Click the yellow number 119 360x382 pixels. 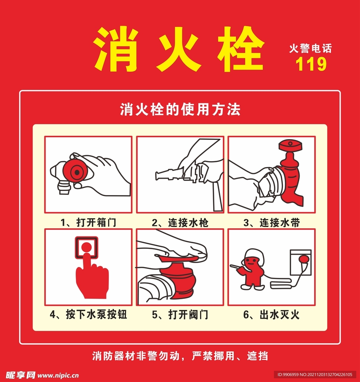coord(311,64)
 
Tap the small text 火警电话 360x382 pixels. coord(310,48)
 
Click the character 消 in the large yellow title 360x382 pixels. coord(114,50)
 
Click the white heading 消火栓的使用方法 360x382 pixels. coord(180,110)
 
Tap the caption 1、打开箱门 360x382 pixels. coord(88,223)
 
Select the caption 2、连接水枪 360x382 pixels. coord(180,223)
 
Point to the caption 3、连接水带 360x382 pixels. coord(272,223)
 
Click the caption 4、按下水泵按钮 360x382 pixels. coord(88,314)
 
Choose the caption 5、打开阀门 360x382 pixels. coord(180,314)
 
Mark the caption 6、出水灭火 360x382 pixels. coord(272,314)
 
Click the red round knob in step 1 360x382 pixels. coord(76,172)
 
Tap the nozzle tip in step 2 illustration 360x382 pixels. coord(159,175)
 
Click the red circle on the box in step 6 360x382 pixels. coord(304,259)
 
